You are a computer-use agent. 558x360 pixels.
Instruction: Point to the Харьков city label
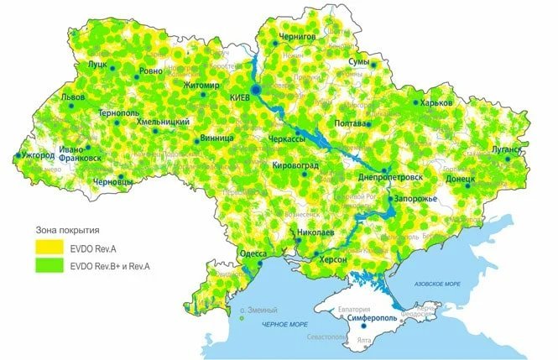tap(437, 102)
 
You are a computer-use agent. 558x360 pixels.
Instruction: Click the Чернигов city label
tap(300, 37)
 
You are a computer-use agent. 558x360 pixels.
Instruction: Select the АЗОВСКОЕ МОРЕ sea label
tap(435, 285)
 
